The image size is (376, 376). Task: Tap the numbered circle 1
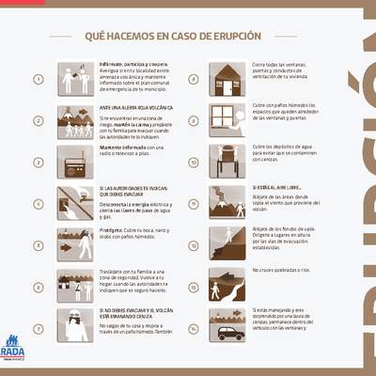click(39, 80)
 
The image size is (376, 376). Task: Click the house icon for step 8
click(226, 79)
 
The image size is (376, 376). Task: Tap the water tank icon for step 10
click(226, 161)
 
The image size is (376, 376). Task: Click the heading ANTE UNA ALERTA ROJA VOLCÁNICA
click(136, 108)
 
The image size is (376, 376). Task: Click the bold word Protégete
click(111, 230)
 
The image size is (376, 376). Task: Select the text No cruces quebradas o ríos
click(281, 271)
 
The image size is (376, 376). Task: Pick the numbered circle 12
click(192, 245)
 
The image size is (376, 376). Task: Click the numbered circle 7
click(39, 328)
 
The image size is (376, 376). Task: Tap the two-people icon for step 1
click(75, 79)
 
